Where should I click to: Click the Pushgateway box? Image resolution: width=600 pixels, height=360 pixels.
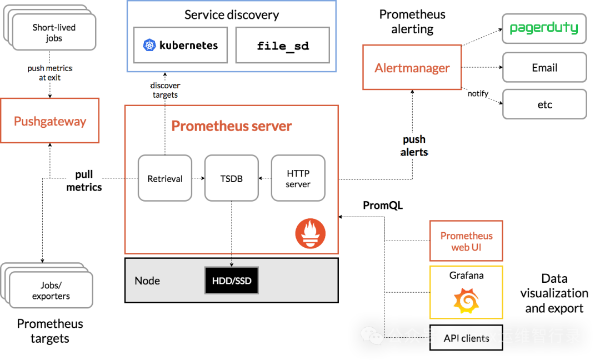(50, 121)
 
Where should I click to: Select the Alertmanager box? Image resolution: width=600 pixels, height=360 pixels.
(412, 68)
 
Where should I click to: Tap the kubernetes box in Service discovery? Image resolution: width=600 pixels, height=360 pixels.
(181, 45)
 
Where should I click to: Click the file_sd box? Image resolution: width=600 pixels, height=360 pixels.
(283, 45)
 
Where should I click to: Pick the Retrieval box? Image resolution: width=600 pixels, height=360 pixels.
(165, 178)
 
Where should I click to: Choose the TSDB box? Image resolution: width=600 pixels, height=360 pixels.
(232, 178)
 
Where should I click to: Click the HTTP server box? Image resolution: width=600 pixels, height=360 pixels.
(298, 178)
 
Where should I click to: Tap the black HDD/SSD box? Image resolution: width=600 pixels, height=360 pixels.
(232, 281)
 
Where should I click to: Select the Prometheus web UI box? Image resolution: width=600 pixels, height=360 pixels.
(466, 241)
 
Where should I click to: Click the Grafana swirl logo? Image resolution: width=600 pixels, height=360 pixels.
(466, 301)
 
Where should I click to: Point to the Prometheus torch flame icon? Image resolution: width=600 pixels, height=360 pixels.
(310, 233)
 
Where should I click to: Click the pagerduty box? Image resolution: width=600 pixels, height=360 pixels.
(544, 28)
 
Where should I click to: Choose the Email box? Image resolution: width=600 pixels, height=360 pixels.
(544, 68)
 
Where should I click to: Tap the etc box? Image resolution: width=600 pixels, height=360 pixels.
(544, 104)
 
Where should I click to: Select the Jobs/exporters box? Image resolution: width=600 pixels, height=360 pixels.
(51, 291)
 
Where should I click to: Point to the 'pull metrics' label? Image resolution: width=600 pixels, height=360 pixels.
(84, 181)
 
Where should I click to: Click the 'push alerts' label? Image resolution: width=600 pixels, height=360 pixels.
(414, 146)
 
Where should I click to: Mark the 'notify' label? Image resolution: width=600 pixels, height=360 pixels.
(478, 93)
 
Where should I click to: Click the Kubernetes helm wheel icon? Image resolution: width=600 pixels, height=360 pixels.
(149, 45)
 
